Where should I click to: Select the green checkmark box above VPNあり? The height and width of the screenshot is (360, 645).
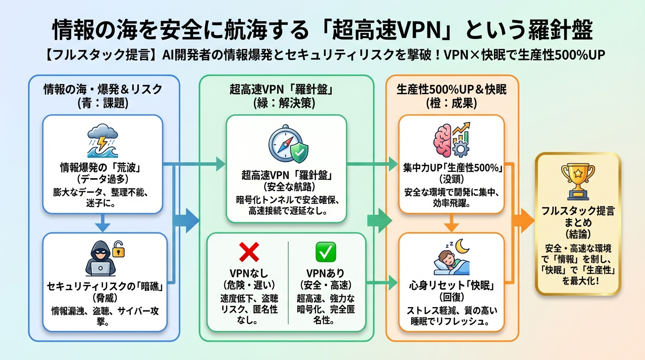pos(326,252)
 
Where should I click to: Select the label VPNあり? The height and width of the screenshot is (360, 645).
pos(324,273)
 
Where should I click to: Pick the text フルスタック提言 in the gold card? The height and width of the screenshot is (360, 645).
pos(577,211)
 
